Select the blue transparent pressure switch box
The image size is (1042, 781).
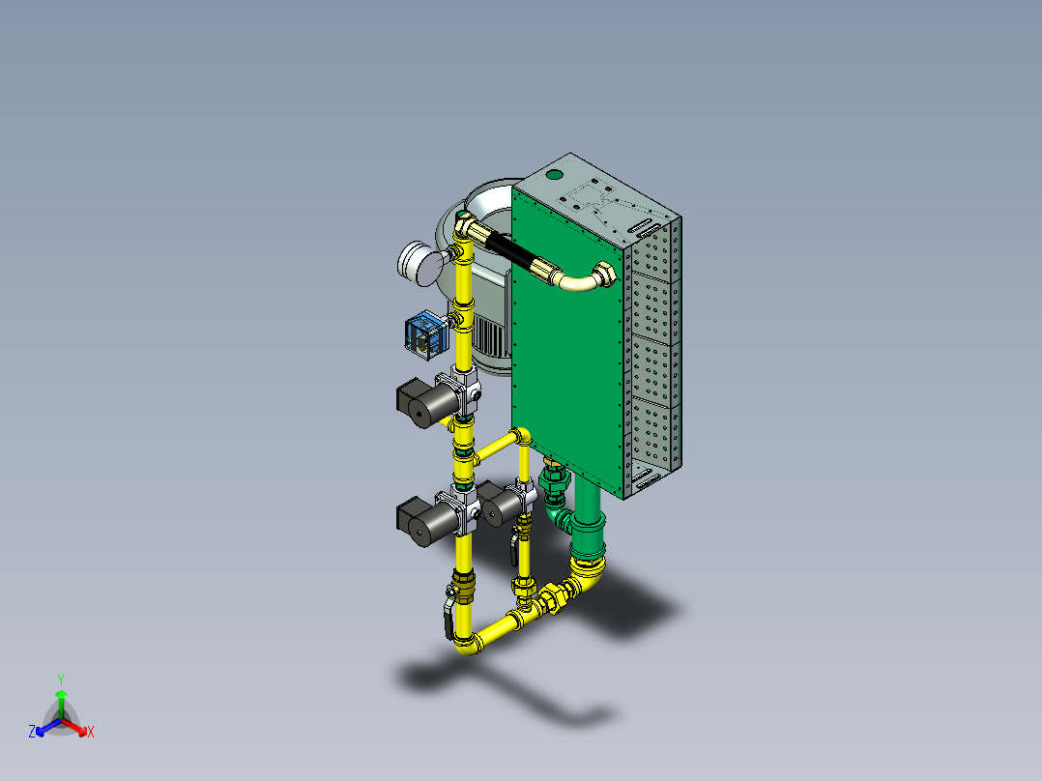click(x=425, y=335)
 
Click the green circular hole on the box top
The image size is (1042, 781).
click(x=554, y=175)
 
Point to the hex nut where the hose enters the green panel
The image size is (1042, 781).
click(x=605, y=275)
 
